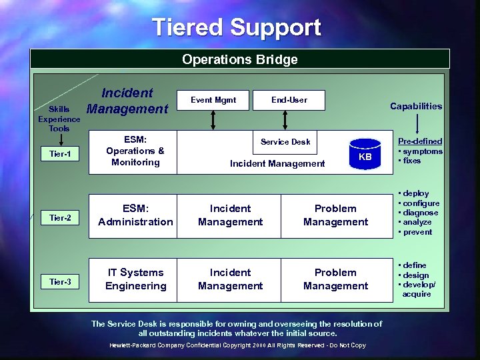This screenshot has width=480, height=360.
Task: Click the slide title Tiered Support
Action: (237, 27)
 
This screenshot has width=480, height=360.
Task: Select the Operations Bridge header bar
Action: (240, 59)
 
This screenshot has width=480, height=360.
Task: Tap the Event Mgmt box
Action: (213, 100)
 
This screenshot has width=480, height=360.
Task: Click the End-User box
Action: (289, 100)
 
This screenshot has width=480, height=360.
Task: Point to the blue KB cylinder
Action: (365, 156)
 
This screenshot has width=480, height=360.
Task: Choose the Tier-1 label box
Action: (60, 155)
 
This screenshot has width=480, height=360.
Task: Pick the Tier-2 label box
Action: (60, 217)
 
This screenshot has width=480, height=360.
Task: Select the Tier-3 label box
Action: (60, 282)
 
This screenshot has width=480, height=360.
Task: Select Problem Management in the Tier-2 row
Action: (335, 215)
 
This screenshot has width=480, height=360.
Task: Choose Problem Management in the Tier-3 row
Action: (335, 279)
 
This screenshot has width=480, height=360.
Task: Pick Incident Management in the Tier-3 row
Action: (230, 279)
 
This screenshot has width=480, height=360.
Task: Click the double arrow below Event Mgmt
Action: (213, 119)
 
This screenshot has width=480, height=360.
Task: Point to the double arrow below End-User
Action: (285, 119)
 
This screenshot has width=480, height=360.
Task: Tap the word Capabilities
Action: (416, 106)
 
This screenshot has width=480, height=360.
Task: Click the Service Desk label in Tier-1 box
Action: (285, 141)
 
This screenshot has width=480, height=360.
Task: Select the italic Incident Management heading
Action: (128, 101)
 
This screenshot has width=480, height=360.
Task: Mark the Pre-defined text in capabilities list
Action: (420, 141)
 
